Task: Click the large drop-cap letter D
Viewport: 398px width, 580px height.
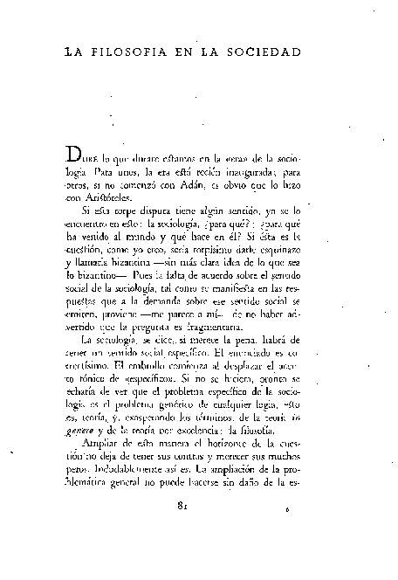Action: (76, 156)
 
